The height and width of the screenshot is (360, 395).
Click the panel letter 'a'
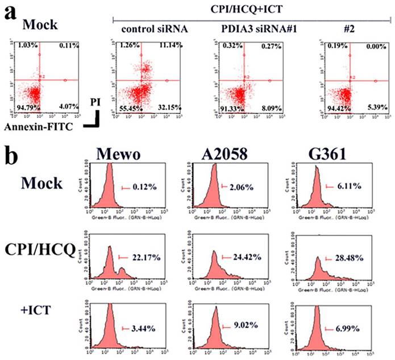point(10,14)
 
